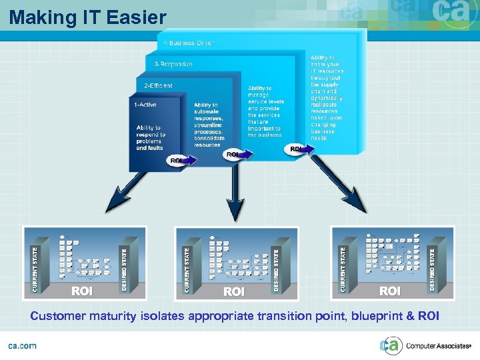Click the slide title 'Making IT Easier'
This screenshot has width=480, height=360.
tap(87, 17)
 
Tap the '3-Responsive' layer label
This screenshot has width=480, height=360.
tap(173, 64)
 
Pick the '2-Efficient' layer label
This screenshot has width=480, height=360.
tap(158, 85)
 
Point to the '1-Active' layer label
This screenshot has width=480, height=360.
tap(145, 104)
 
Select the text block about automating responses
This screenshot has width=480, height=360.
tap(208, 125)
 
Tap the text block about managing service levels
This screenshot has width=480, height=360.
tap(265, 111)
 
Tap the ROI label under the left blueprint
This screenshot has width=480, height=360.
tap(82, 291)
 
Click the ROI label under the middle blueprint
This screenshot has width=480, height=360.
tap(234, 291)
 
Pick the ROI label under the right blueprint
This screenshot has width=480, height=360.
tap(390, 291)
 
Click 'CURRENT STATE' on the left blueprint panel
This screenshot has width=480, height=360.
tap(35, 270)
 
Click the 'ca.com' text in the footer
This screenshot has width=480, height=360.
tap(22, 345)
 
